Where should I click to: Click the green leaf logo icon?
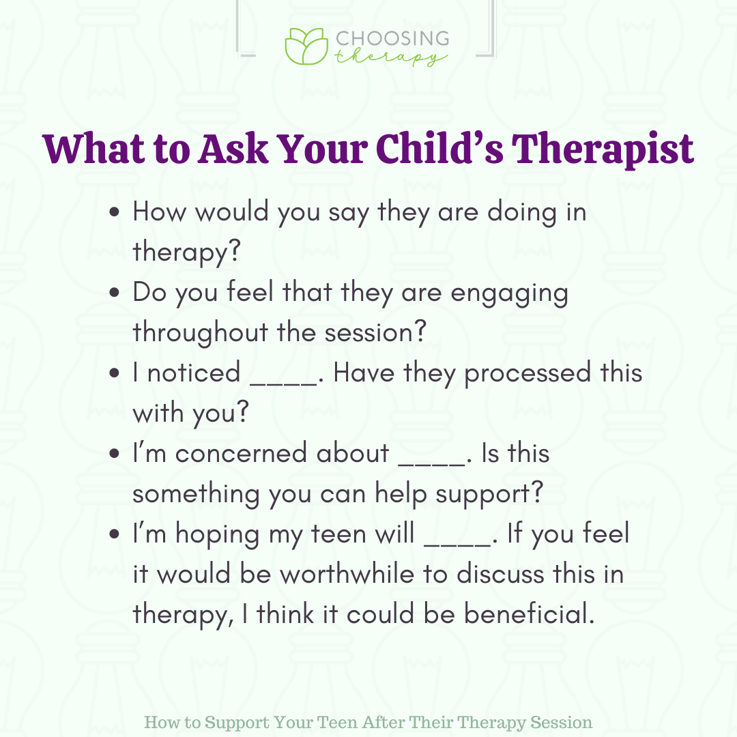click(x=306, y=46)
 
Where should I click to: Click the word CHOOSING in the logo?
click(x=392, y=38)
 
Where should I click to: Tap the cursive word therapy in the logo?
click(x=390, y=57)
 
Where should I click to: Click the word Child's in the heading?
click(x=439, y=149)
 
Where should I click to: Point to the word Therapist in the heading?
click(x=602, y=149)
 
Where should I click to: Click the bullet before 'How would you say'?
click(x=114, y=212)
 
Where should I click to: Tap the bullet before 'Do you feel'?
click(x=114, y=292)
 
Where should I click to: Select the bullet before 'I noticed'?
click(x=114, y=373)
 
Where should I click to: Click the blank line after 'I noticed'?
click(x=283, y=384)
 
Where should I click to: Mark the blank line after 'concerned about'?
click(x=432, y=465)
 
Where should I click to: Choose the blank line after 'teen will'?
click(x=457, y=545)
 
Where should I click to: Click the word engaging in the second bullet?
click(x=510, y=294)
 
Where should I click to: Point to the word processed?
click(x=528, y=375)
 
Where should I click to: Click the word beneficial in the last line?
click(x=530, y=614)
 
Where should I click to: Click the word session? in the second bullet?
click(x=375, y=332)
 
